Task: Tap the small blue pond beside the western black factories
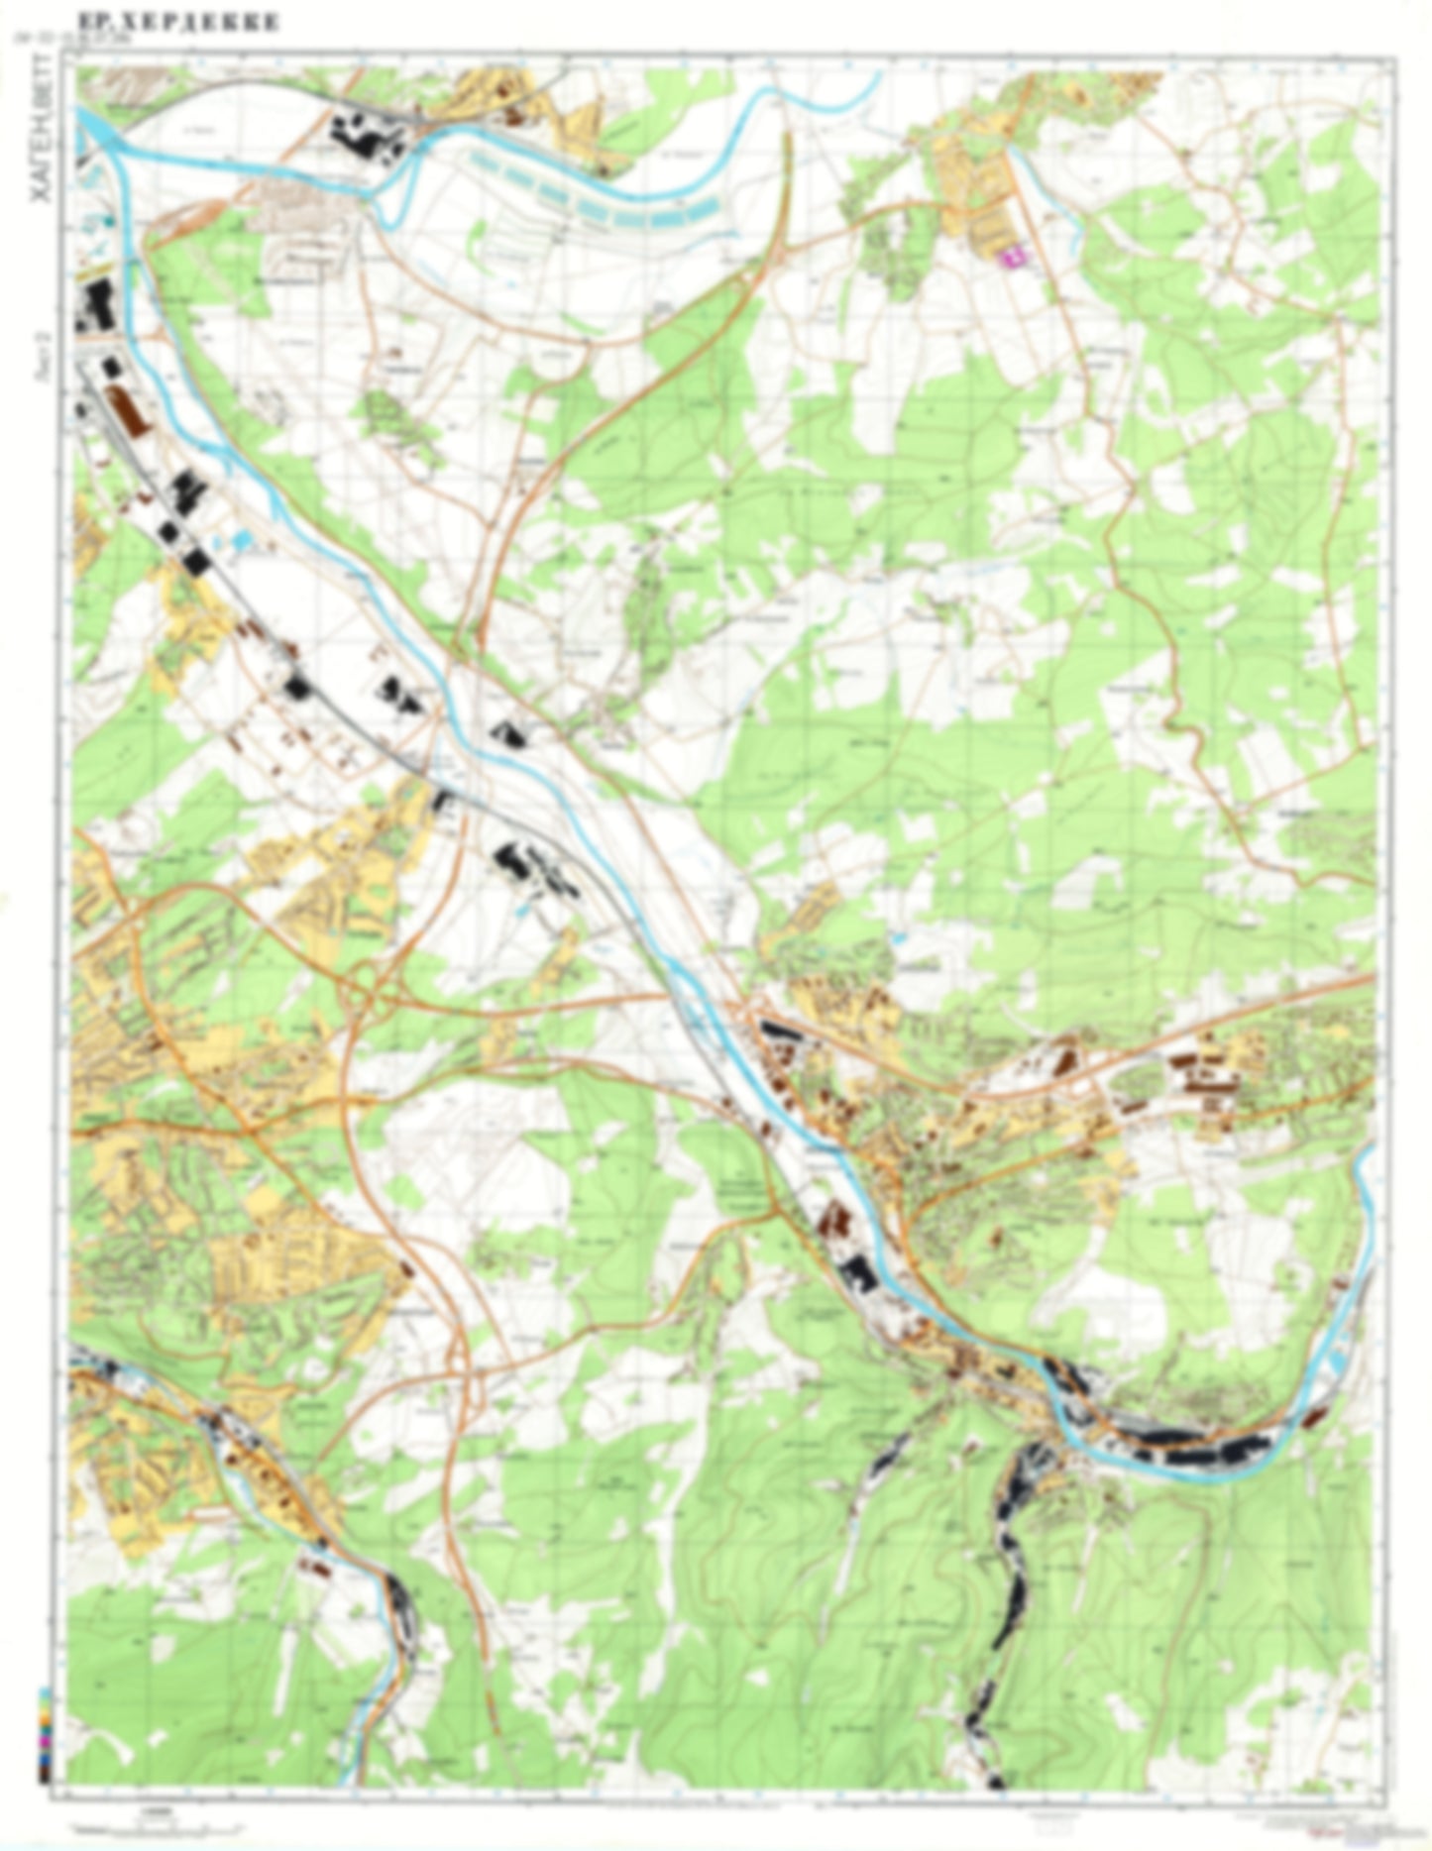click(x=242, y=541)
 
